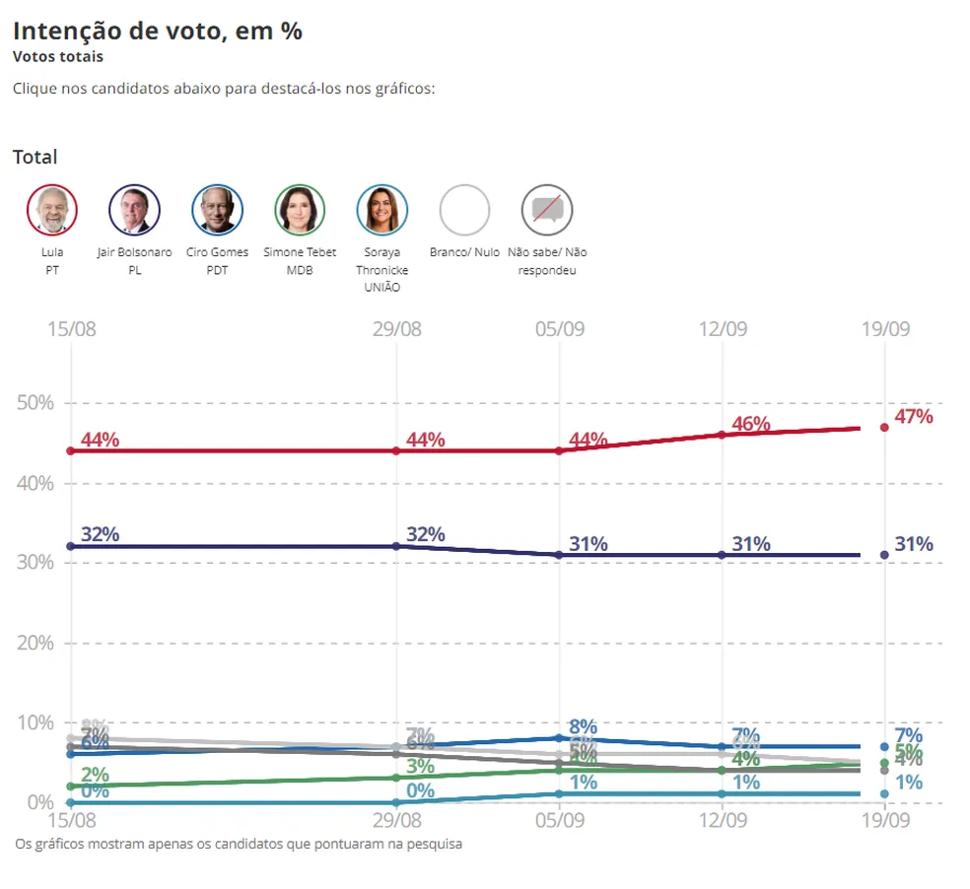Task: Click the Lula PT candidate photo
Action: [51, 210]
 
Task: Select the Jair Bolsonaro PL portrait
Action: [134, 210]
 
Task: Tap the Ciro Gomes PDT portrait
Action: [217, 210]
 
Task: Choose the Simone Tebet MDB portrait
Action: [300, 210]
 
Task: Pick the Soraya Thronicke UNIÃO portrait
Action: [381, 210]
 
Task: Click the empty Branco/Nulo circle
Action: [464, 210]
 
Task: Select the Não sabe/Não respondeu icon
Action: [547, 210]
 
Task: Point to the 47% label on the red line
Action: [913, 417]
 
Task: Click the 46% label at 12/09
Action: [750, 425]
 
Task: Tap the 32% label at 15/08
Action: [100, 535]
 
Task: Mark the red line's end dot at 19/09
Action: [884, 428]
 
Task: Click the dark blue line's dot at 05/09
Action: [559, 555]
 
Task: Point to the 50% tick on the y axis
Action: [35, 403]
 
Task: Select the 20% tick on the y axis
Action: [35, 643]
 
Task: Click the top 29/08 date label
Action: [396, 328]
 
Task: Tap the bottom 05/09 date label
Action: [559, 820]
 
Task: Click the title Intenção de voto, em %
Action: [158, 31]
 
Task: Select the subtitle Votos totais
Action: [58, 57]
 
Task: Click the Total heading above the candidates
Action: [35, 157]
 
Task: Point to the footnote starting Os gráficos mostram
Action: [239, 845]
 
